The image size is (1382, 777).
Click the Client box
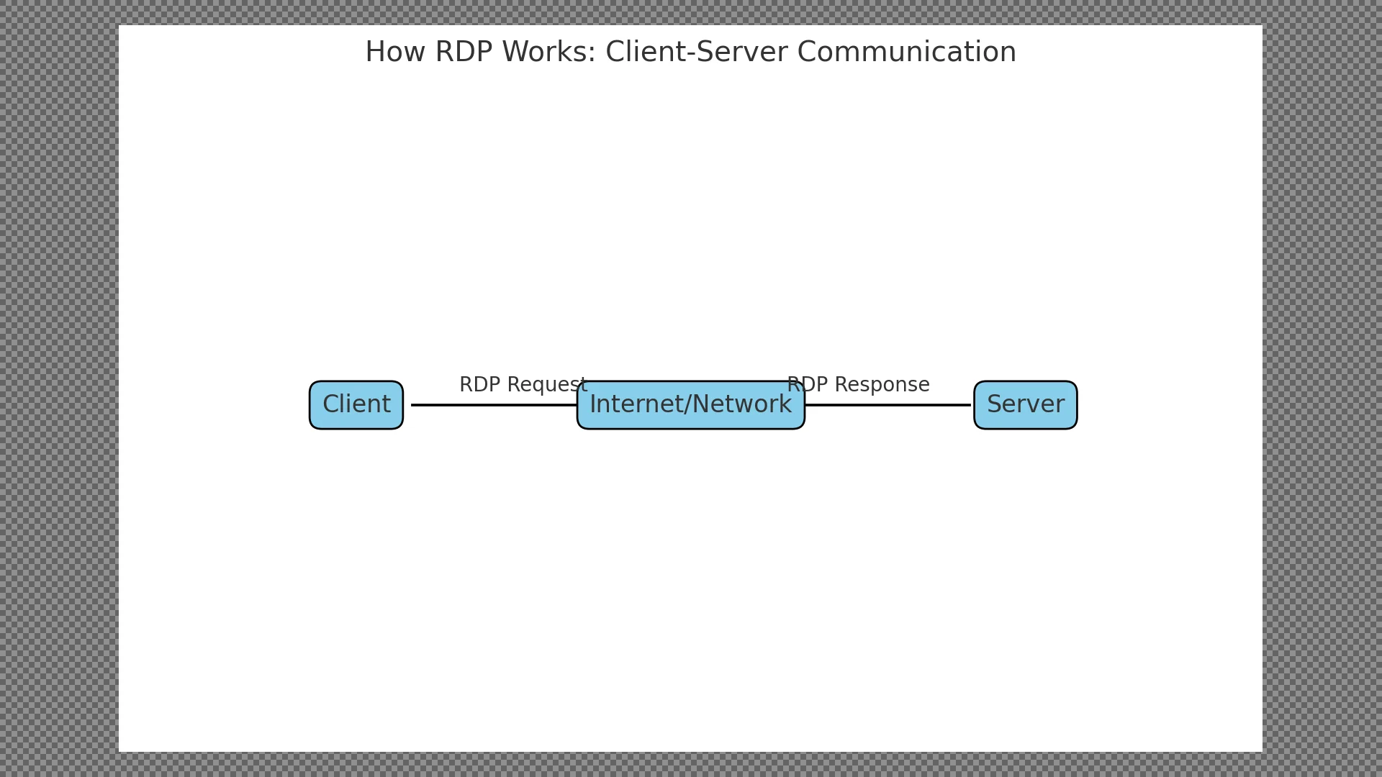(x=356, y=405)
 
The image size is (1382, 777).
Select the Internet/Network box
(x=691, y=405)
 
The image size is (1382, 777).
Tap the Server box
(x=1026, y=405)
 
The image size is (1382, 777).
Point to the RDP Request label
(x=523, y=385)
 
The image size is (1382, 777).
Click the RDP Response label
(x=858, y=385)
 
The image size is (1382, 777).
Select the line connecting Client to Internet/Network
(x=494, y=405)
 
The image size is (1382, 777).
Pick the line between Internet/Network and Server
(x=888, y=405)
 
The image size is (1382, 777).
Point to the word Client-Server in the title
(x=697, y=53)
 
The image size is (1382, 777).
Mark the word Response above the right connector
(x=884, y=386)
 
